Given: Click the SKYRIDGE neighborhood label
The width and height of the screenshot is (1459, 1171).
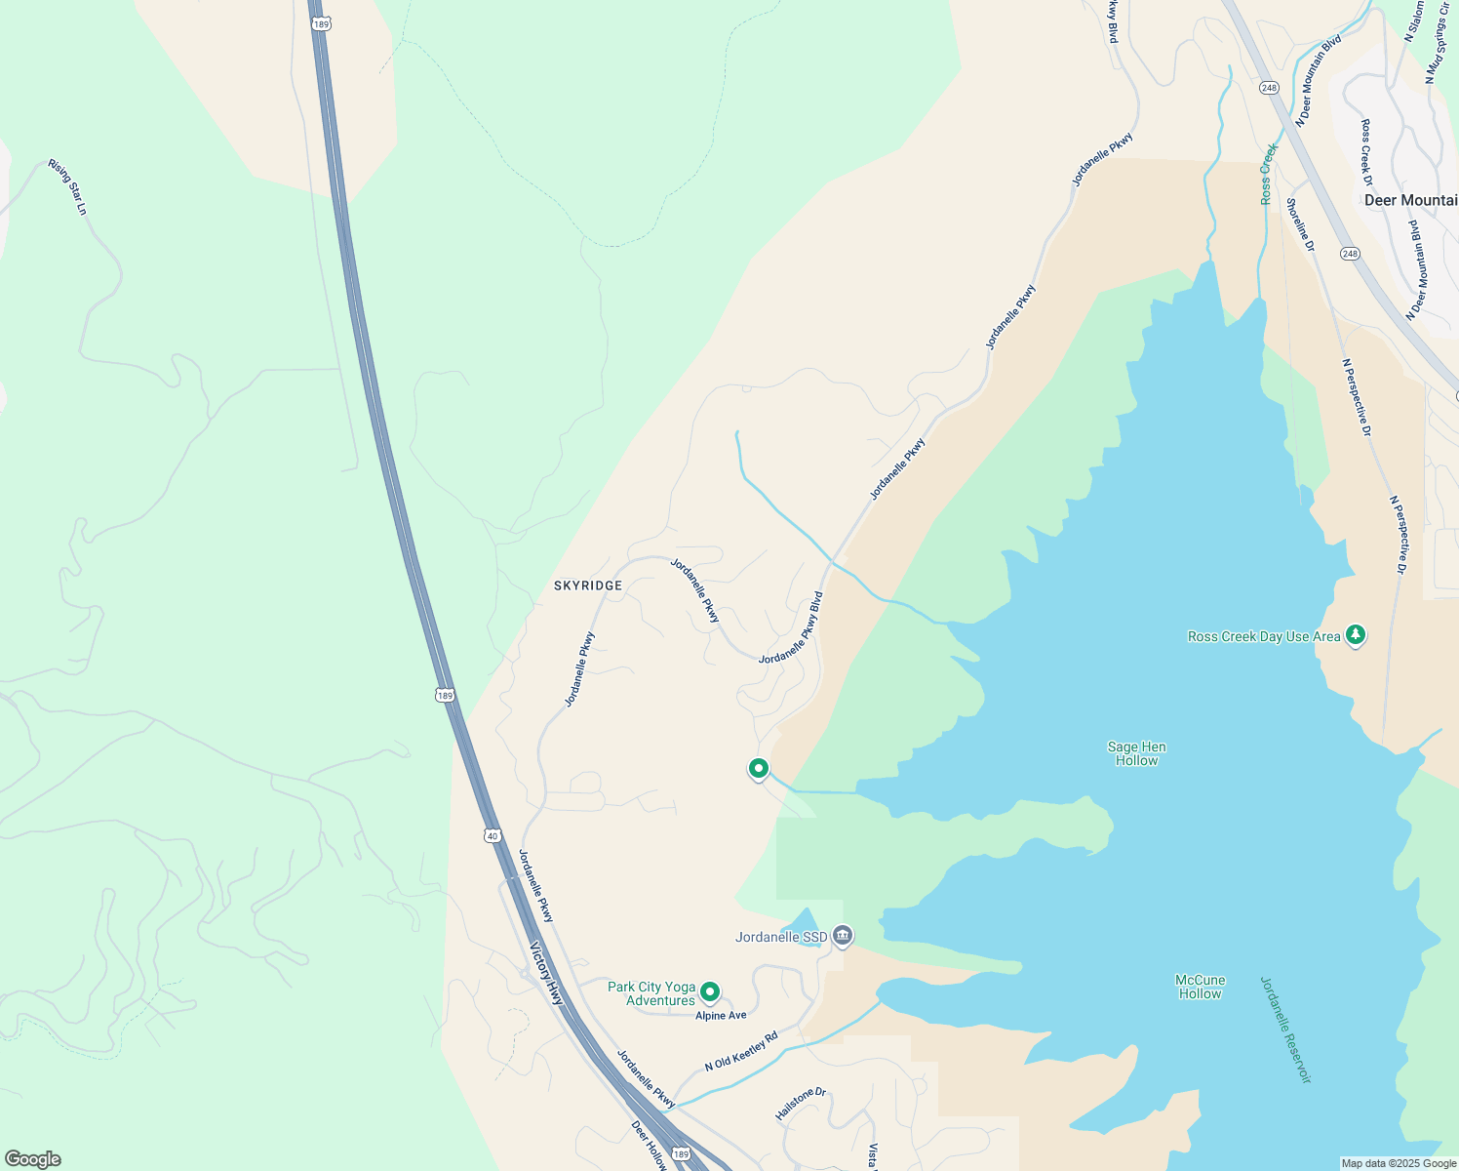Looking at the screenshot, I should pos(587,585).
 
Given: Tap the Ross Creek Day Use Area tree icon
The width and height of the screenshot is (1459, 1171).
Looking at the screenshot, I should pos(1355,635).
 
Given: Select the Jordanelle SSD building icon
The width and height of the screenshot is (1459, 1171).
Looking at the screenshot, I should pos(844,937).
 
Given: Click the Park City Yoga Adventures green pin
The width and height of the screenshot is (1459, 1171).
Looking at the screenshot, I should pos(710,992).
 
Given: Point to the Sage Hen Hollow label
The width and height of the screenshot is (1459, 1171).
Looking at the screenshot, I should pos(1136,753).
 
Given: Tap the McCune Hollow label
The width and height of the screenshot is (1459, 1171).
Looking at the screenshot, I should pos(1200,987).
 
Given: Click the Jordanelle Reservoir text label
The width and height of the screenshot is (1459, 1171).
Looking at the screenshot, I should pos(1285,1030).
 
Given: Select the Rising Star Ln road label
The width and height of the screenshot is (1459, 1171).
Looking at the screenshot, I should pos(68,186).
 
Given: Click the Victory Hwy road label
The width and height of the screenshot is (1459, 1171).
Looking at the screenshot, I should pos(547,974).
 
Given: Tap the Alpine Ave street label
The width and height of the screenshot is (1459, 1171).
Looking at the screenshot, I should pos(721,1016).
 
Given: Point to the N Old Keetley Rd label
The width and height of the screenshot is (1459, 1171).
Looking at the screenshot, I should pos(741,1050).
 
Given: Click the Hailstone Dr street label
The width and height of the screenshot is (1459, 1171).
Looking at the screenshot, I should pos(800,1104).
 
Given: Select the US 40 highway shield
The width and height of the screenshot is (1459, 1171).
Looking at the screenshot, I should pos(493,835).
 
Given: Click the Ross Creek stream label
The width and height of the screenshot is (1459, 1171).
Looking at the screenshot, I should pos(1268,174).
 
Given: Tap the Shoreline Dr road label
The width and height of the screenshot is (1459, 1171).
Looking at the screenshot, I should pos(1300,224).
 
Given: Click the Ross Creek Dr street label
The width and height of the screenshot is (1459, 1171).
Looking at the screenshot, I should pos(1366,152).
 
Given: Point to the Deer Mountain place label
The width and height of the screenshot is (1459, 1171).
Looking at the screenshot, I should pos(1410,200).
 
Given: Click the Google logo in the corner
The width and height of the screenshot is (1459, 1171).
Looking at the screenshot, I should pos(33,1159).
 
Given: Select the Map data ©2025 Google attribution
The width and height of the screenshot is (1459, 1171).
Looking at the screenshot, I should pos(1399,1163).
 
